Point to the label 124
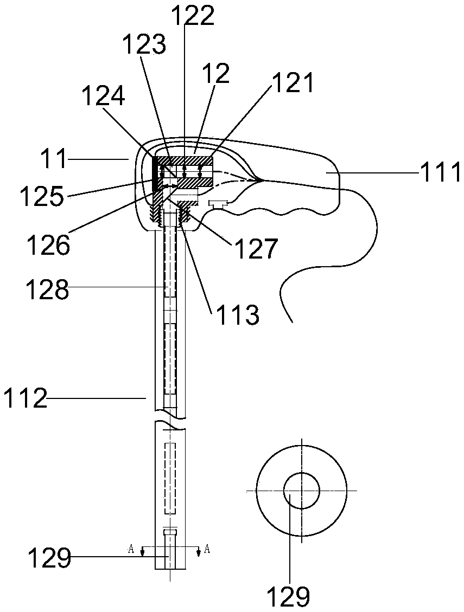[x=104, y=98]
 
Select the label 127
[x=256, y=250]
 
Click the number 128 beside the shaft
[x=48, y=290]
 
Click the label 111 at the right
[x=440, y=173]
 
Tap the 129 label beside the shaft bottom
[x=49, y=558]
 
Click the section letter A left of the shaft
[x=131, y=548]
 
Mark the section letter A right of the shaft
[x=206, y=548]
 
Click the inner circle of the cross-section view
[x=301, y=490]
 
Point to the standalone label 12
[x=216, y=73]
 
